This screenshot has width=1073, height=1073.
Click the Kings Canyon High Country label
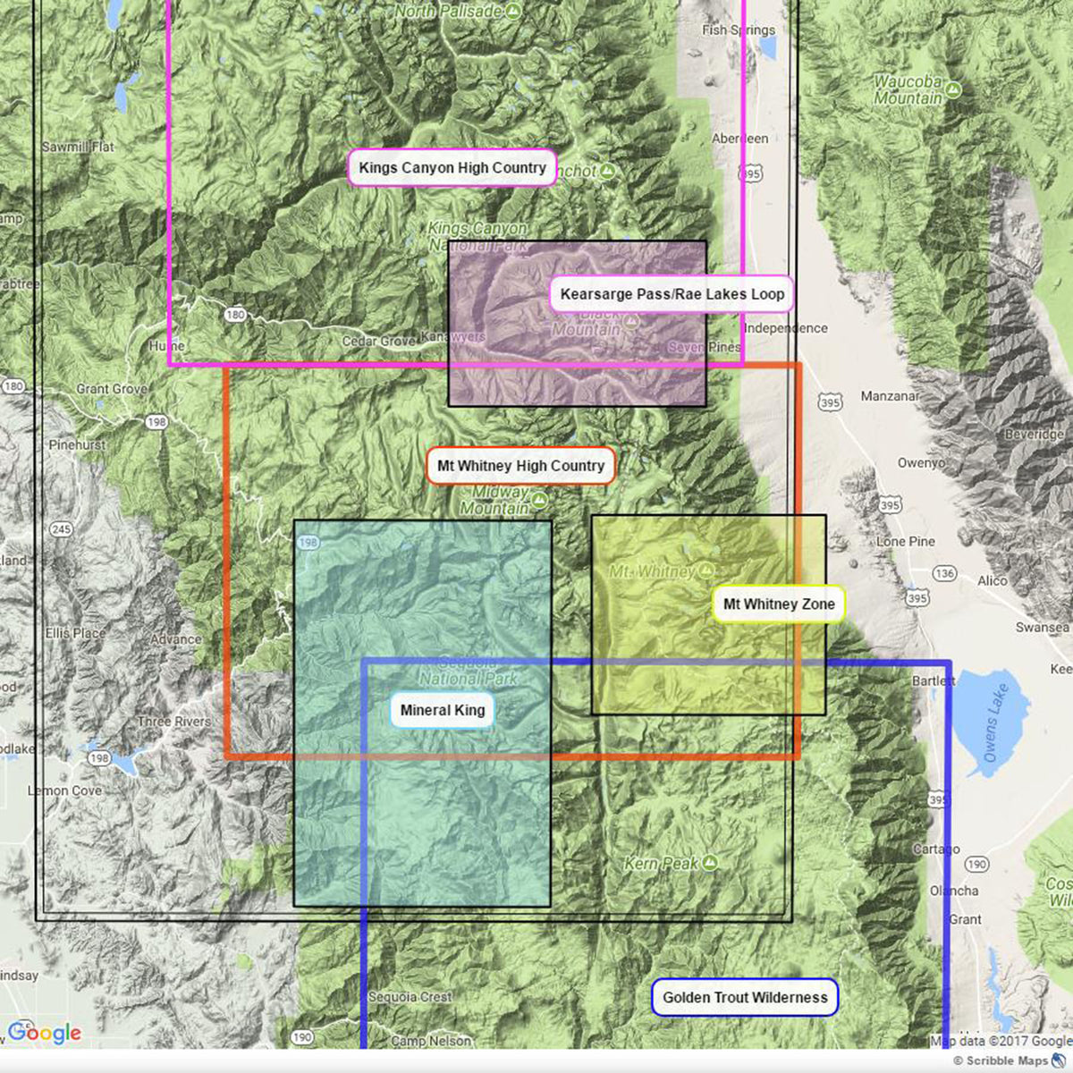pos(452,168)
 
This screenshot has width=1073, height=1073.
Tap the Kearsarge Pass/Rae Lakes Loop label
pos(672,294)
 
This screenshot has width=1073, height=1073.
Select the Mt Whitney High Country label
pos(520,466)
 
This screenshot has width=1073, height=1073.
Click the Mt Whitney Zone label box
pos(778,604)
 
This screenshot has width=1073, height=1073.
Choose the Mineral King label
pos(442,711)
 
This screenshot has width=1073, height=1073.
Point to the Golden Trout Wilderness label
pos(745,997)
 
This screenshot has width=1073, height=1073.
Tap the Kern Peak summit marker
pos(709,862)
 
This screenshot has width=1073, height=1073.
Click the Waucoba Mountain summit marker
pos(952,90)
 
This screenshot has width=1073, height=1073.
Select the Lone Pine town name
pos(905,542)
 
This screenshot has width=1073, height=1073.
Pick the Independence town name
pos(785,328)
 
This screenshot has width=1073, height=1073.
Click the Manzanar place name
pos(889,396)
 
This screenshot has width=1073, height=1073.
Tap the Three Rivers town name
pos(174,722)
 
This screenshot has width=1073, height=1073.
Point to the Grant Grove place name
pos(112,389)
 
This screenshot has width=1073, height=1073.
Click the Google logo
pos(45,1034)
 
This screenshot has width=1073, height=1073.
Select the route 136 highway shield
pos(944,573)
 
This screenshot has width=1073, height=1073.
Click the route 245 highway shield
pos(61,530)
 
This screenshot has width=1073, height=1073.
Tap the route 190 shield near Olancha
pos(976,864)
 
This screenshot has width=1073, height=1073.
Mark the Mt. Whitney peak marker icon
pos(705,570)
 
